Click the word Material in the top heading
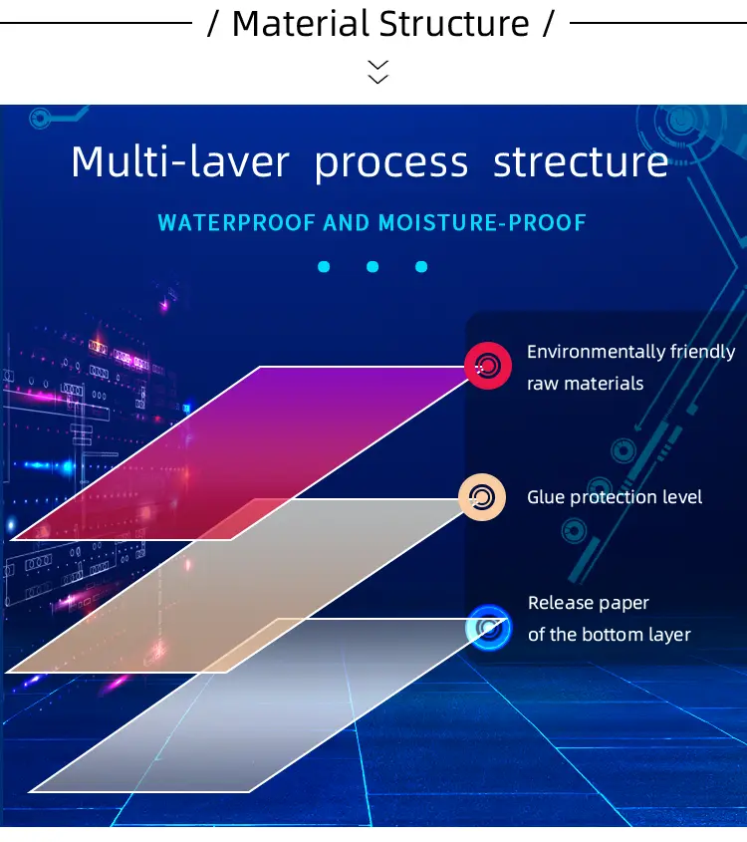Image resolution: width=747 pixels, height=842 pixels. point(301,24)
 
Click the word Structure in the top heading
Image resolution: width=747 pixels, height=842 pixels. point(454,24)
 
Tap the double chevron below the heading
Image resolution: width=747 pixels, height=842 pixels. point(377,72)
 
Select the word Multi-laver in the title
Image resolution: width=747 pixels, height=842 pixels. point(180,161)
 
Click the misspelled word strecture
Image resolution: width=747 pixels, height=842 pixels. point(581,161)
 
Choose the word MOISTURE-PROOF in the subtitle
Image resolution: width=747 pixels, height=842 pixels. point(481,223)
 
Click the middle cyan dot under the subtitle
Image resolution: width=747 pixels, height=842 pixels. point(373,266)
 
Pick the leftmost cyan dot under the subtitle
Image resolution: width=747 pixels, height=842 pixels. point(324,266)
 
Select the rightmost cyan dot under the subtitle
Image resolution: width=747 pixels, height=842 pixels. point(421,266)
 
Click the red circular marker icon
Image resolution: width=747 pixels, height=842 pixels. point(488,366)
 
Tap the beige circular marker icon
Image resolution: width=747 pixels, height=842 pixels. point(482,497)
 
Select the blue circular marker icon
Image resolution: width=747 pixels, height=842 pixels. point(488,628)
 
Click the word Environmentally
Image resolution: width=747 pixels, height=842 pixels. point(589,353)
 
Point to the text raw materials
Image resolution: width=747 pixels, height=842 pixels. point(585,384)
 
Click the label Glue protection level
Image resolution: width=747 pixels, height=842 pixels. point(615,497)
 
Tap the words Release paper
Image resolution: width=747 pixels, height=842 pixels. point(589,603)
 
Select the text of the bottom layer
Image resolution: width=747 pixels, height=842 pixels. point(610,635)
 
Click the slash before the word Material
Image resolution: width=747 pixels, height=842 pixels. point(213,24)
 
